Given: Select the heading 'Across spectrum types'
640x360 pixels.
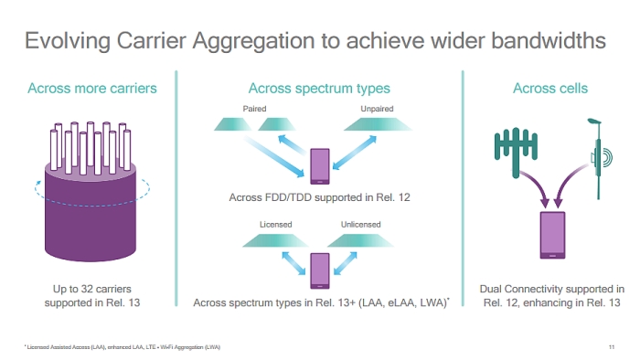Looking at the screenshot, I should (319, 89).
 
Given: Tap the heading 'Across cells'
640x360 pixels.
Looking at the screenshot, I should (549, 89).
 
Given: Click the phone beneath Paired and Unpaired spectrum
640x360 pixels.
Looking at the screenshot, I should (320, 166).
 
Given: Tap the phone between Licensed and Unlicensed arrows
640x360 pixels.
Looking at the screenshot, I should (319, 269).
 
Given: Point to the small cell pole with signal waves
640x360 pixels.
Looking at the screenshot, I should (595, 155).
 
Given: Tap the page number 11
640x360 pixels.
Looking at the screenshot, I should (611, 347).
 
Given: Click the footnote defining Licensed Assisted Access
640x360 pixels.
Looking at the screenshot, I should (122, 347).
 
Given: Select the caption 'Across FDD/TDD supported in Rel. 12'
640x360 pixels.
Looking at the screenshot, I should (319, 198).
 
